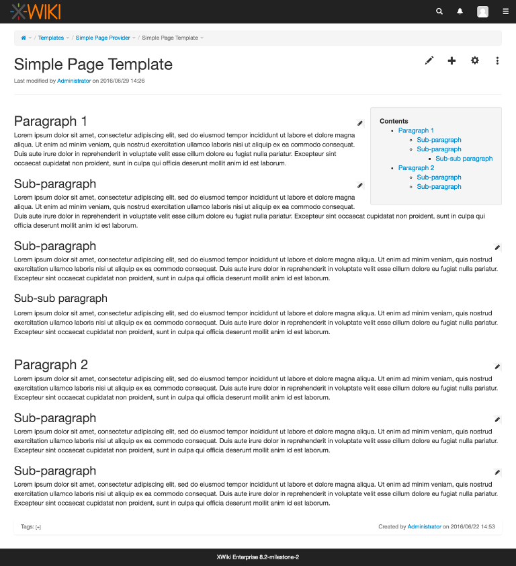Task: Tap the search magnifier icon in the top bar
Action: [x=439, y=11]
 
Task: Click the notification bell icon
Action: [x=460, y=11]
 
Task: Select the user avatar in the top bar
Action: [x=482, y=11]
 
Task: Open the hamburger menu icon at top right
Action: [x=506, y=11]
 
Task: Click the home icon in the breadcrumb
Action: [x=24, y=38]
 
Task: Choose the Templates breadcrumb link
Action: [x=51, y=38]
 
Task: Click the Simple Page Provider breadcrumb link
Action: [x=103, y=38]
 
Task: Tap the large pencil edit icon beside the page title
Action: [x=429, y=60]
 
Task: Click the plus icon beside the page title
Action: [x=451, y=60]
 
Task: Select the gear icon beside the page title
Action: [x=475, y=60]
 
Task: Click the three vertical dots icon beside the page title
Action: [x=497, y=60]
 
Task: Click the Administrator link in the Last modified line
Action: [x=74, y=81]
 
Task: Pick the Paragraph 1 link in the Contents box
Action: [x=416, y=130]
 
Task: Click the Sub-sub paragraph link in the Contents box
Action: [x=464, y=159]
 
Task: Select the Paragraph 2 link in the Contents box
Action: [x=416, y=168]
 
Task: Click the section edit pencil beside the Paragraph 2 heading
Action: [x=497, y=366]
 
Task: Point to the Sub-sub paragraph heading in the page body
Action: [x=60, y=298]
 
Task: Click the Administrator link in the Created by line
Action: [x=425, y=526]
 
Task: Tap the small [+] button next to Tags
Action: [x=38, y=527]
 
